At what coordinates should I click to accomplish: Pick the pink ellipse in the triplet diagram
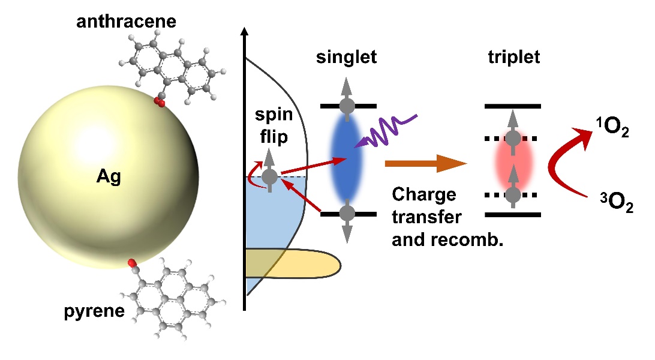(513, 160)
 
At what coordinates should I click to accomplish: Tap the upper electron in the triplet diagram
(513, 139)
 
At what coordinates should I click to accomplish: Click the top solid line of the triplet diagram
(513, 106)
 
